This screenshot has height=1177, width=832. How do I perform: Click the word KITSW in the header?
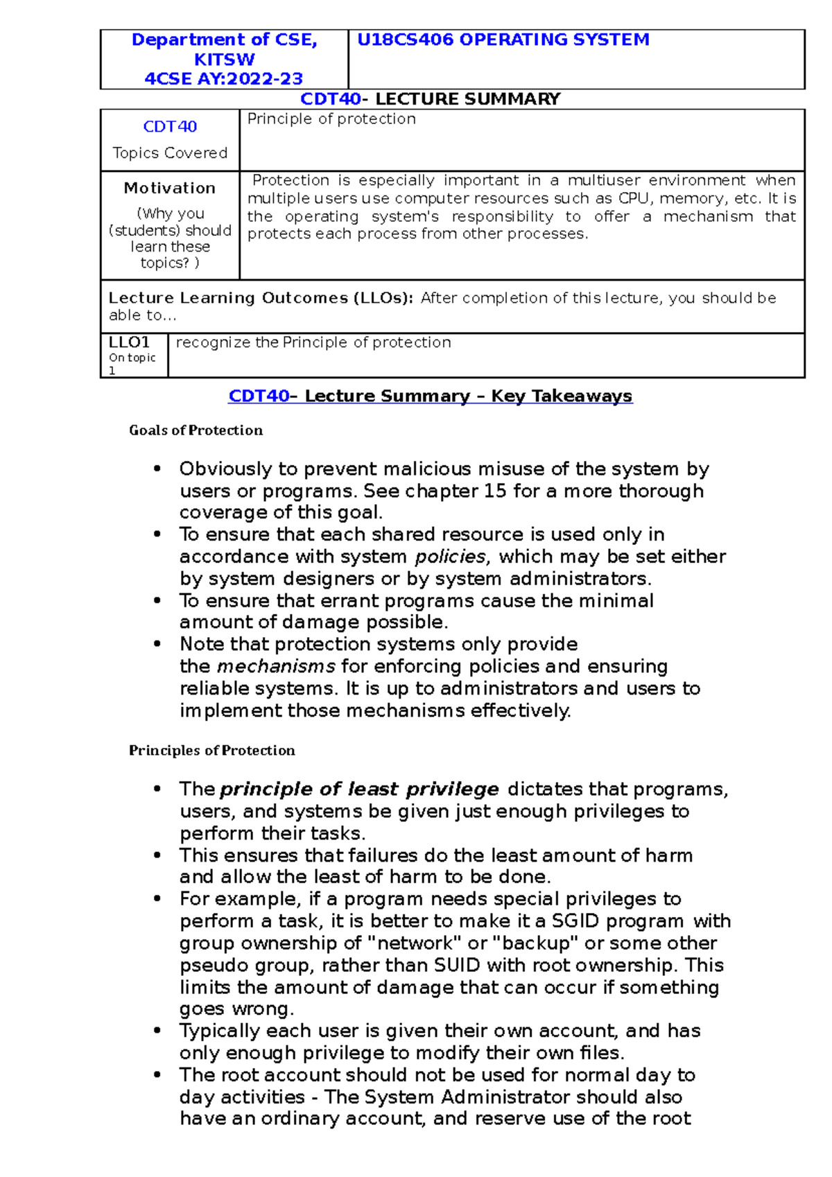tap(224, 60)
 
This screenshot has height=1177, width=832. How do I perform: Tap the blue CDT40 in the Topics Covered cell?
tap(170, 127)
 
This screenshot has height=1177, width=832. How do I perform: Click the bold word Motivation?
tap(170, 188)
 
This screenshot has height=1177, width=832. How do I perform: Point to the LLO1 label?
tap(129, 342)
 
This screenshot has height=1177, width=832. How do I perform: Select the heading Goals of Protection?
tap(196, 430)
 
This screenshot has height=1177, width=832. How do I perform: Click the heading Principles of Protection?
tap(211, 751)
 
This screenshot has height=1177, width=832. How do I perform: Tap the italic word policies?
tap(451, 557)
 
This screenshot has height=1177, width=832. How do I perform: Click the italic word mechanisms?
tap(276, 667)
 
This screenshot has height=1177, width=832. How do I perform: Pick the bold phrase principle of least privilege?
tap(359, 790)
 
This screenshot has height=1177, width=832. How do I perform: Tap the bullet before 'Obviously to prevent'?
tap(157, 469)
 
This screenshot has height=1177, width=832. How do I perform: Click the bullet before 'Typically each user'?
tap(157, 1031)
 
